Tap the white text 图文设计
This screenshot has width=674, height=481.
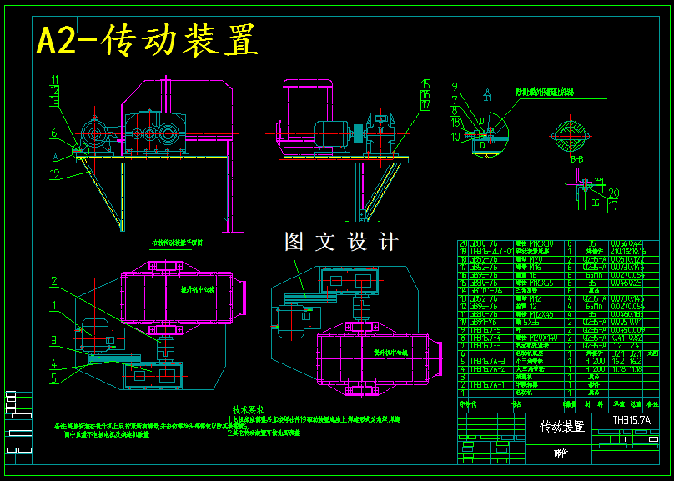tap(341, 242)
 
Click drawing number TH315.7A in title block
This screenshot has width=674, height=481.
tap(631, 421)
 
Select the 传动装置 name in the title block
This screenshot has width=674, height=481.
tap(562, 427)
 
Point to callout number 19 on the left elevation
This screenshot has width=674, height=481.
tap(55, 174)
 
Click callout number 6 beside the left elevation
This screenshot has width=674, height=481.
tap(53, 133)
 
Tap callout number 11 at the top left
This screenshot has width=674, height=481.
tap(55, 80)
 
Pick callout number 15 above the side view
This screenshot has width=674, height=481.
tap(425, 84)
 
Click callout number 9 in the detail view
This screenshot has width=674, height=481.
tap(455, 86)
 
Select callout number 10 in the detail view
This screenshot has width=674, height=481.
tap(455, 136)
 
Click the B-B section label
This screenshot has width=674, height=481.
tap(576, 158)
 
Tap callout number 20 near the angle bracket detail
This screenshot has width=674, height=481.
tap(613, 193)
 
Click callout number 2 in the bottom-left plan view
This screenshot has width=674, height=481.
tap(53, 281)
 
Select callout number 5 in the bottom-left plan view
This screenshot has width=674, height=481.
tap(53, 378)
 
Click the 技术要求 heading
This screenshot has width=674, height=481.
tap(248, 410)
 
